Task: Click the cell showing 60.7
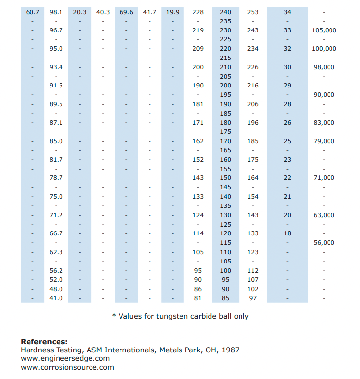(32, 12)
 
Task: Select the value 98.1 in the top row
(56, 12)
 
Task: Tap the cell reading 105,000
(324, 30)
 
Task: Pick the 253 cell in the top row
(253, 12)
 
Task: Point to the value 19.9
(173, 12)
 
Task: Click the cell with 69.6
(126, 12)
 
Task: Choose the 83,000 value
(324, 122)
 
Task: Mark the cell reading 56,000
(324, 242)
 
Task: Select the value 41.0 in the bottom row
(56, 298)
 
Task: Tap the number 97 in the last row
(253, 298)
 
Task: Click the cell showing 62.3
(56, 252)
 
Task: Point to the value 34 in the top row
(287, 12)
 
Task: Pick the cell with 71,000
(324, 178)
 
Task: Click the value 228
(198, 12)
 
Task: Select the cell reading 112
(253, 270)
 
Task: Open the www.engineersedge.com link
(65, 359)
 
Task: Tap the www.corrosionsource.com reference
(67, 367)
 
